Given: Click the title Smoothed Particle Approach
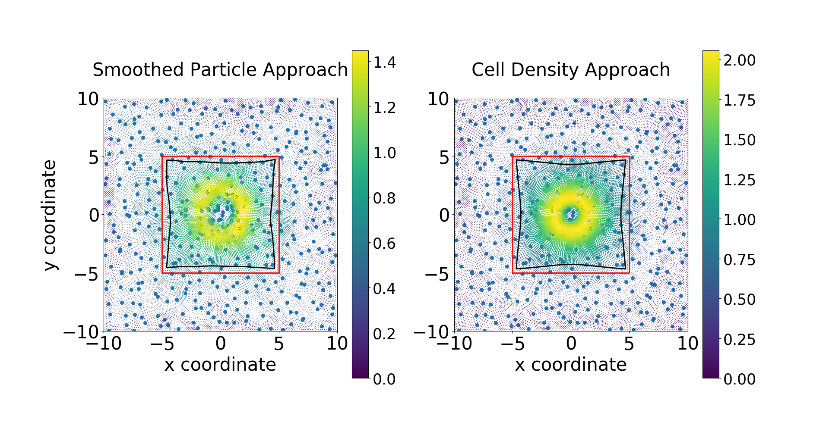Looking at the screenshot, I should tap(220, 70).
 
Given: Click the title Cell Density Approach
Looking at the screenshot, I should tap(570, 70).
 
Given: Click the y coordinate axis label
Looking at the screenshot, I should tap(50, 215).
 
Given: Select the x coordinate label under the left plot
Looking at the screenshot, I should tap(220, 365).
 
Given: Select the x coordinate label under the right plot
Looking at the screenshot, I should tap(570, 365).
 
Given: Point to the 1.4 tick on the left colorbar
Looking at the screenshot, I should tap(384, 62).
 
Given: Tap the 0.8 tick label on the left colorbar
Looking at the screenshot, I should tap(384, 198).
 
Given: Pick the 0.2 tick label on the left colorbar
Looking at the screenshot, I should tap(384, 334).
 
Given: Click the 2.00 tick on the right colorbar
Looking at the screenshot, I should tap(740, 60).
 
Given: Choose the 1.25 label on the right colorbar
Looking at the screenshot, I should tap(740, 180).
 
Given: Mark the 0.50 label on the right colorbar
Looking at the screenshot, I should tap(740, 300).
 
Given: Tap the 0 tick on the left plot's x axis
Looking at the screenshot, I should tap(221, 344).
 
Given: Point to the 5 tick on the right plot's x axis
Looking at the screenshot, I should tap(629, 344).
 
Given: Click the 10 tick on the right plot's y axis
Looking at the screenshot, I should tap(438, 99).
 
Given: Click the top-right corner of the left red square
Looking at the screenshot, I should tap(279, 156).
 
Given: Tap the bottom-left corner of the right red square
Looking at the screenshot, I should tap(513, 273).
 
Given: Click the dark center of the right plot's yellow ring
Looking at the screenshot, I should tap(571, 214).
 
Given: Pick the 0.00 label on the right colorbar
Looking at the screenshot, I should tap(740, 379).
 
